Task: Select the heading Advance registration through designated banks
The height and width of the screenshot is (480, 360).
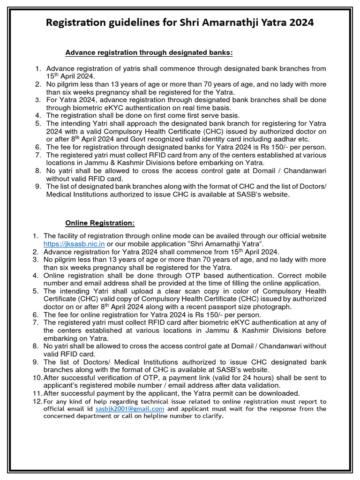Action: [149, 52]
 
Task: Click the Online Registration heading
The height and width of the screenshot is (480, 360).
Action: [100, 223]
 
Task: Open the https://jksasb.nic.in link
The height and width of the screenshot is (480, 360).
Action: [74, 244]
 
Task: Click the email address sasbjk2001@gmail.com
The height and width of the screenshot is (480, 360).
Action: [130, 409]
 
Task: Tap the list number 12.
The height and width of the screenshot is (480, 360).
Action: [37, 402]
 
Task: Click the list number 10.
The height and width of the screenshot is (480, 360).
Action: [37, 378]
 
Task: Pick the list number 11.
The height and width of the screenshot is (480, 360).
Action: [37, 393]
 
